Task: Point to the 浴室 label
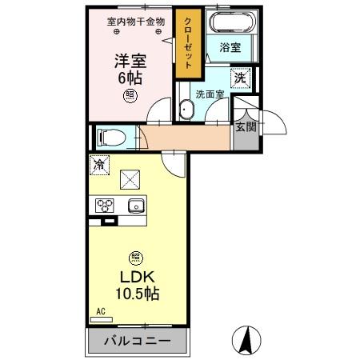pyautogui.click(x=231, y=47)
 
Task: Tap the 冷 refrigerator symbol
pyautogui.click(x=98, y=166)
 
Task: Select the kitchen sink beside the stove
pyautogui.click(x=135, y=206)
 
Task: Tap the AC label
pyautogui.click(x=100, y=312)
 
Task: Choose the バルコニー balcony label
pyautogui.click(x=137, y=341)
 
